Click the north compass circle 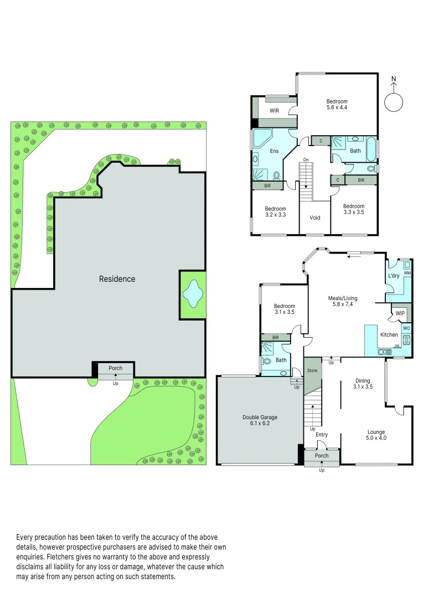click(x=394, y=102)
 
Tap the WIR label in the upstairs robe click(x=274, y=111)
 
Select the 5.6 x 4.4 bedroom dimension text click(x=337, y=107)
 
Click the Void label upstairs click(x=314, y=218)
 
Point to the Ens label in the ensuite click(x=274, y=151)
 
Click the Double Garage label click(x=260, y=417)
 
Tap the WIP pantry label click(x=400, y=313)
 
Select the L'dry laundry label click(x=394, y=276)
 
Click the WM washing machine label click(x=407, y=273)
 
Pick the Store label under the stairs click(x=312, y=370)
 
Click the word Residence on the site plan click(x=117, y=279)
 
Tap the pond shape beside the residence click(x=193, y=294)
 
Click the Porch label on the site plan click(x=116, y=368)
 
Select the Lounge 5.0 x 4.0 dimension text click(x=376, y=438)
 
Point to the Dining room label click(x=363, y=380)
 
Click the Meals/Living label click(x=343, y=298)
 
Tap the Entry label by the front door click(x=322, y=435)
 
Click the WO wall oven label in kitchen click(x=406, y=328)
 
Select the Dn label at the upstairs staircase click(x=306, y=160)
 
